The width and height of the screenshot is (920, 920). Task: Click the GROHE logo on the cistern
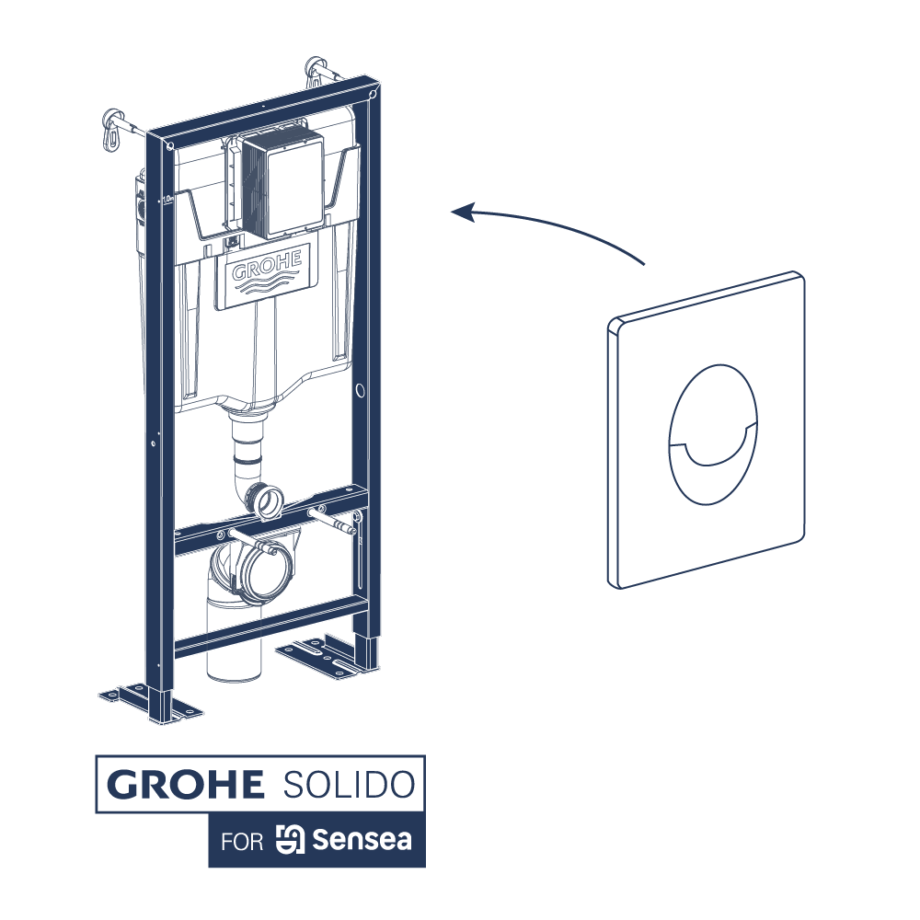point(267,272)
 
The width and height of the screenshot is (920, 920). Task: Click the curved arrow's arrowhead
point(460,213)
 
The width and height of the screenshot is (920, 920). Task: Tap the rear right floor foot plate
point(324,655)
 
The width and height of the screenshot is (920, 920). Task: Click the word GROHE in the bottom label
point(185,785)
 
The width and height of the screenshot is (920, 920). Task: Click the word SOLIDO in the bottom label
point(345,785)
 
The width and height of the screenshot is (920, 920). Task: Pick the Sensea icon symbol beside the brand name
point(290,840)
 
